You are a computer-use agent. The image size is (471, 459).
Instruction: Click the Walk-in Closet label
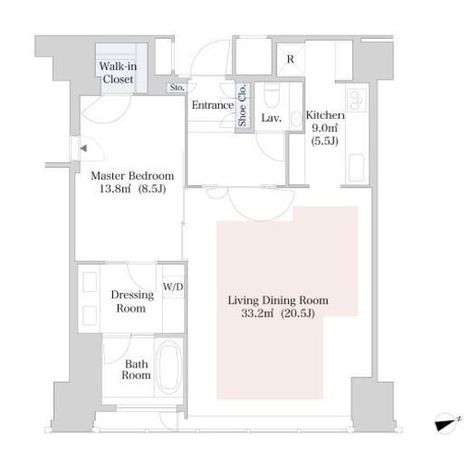point(118,73)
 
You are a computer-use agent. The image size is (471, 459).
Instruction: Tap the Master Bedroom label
point(132,176)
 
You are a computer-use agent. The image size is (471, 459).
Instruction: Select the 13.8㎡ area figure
point(115,189)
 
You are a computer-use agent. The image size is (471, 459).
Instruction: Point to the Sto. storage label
point(177,88)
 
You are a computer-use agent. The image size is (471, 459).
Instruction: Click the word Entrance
point(213,105)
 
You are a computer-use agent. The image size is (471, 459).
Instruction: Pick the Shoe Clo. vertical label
point(242,105)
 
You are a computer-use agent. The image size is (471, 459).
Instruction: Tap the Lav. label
point(272,118)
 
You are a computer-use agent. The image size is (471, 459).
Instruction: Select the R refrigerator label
point(291,59)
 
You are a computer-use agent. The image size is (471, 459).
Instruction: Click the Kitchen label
point(325,115)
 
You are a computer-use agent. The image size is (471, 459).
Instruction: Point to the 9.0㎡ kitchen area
point(324,128)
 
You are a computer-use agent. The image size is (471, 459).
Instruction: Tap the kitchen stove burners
point(357,98)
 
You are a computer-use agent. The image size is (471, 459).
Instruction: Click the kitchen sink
point(357,168)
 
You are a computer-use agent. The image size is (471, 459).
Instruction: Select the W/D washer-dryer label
point(173,287)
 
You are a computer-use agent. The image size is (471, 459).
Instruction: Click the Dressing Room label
point(132,301)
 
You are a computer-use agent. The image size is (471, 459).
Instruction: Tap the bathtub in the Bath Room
point(168,367)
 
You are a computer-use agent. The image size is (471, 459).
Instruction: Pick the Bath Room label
point(136,369)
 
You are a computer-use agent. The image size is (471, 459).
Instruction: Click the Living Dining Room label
point(278,300)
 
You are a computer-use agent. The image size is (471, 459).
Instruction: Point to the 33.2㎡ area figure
point(257,313)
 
